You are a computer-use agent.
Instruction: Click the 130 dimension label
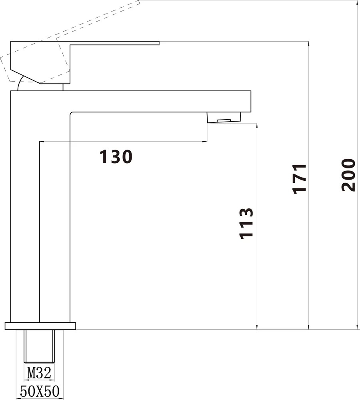tap(116, 156)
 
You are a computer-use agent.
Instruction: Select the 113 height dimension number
tap(246, 224)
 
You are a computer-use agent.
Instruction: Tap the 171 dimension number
tap(299, 179)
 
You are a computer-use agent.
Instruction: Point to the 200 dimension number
tap(348, 175)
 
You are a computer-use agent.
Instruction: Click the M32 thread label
tap(39, 373)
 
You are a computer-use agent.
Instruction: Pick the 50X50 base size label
tap(40, 391)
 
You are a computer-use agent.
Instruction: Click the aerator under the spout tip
tap(224, 117)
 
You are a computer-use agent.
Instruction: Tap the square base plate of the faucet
tap(40, 326)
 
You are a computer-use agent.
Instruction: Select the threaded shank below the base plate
tap(39, 346)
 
